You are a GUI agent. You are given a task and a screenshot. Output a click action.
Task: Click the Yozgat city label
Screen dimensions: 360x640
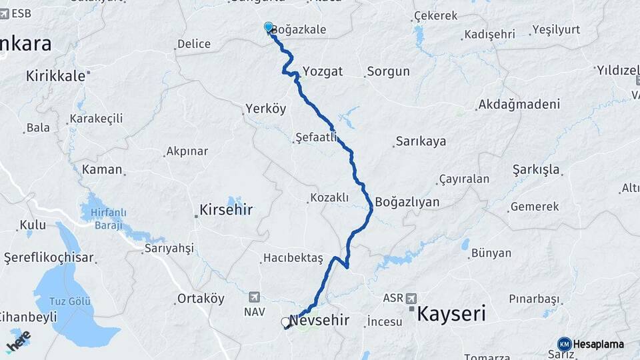322,71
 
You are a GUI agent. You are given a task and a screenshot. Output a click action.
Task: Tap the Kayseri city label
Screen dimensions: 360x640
451,313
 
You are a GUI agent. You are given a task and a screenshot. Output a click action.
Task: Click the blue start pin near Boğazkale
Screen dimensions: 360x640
269,27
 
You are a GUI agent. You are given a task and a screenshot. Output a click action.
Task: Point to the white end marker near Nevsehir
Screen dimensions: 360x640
286,323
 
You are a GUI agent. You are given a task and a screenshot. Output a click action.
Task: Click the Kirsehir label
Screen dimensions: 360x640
226,211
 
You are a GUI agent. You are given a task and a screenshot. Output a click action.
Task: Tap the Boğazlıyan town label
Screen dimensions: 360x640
407,201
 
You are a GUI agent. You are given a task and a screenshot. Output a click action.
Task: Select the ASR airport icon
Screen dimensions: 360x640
411,297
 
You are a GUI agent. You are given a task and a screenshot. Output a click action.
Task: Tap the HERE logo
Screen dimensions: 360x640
18,342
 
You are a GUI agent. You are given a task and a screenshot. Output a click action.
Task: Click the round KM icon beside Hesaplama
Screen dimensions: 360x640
564,344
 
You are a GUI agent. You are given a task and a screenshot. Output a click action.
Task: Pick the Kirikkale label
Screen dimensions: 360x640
56,76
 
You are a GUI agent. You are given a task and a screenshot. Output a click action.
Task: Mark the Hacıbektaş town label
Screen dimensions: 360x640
293,257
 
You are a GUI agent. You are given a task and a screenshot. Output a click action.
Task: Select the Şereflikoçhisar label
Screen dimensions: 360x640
49,257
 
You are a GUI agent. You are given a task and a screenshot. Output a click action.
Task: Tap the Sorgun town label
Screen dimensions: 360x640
388,71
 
